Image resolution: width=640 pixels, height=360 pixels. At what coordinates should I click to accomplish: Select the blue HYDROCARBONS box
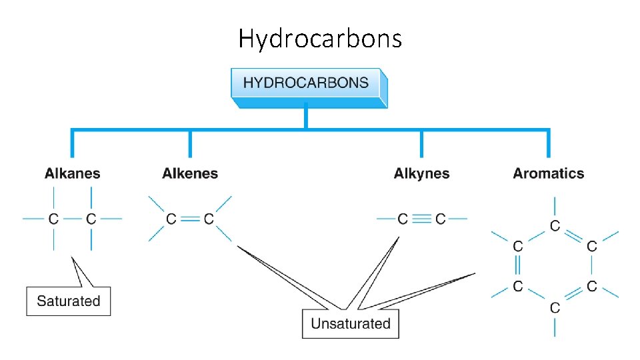click(x=306, y=84)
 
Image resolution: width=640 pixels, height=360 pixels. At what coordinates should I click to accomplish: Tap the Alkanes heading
click(x=73, y=174)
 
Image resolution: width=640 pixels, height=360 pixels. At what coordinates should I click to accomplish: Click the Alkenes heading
click(x=190, y=174)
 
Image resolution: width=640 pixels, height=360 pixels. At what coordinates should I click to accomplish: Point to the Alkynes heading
click(x=421, y=174)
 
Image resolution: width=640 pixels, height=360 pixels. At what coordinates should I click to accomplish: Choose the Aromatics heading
click(x=548, y=174)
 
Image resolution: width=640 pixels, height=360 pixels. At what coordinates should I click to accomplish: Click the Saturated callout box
click(x=68, y=301)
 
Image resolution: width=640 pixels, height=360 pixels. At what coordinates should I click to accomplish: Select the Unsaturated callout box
click(x=350, y=324)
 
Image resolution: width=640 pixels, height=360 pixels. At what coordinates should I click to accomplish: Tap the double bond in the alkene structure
click(x=190, y=219)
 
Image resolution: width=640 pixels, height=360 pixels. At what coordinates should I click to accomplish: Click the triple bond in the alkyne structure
click(x=421, y=219)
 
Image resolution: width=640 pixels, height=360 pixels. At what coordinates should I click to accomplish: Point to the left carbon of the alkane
click(x=53, y=219)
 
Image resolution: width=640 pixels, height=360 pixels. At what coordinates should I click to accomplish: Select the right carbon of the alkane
click(x=91, y=219)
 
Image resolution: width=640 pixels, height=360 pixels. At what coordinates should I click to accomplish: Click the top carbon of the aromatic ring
click(x=555, y=227)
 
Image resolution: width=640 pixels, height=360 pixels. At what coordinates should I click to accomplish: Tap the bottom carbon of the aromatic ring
click(x=555, y=308)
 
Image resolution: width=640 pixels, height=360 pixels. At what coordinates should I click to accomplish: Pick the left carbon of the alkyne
click(x=403, y=219)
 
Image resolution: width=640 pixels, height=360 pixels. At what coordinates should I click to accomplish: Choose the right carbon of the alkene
click(x=209, y=219)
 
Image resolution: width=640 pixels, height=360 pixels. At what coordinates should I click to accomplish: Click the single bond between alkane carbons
click(x=72, y=219)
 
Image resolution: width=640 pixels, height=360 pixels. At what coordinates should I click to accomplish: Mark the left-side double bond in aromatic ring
click(x=517, y=267)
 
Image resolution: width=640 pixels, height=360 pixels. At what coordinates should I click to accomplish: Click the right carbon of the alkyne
click(x=440, y=219)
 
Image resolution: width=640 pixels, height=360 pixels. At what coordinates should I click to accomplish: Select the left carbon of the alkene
click(x=171, y=219)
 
